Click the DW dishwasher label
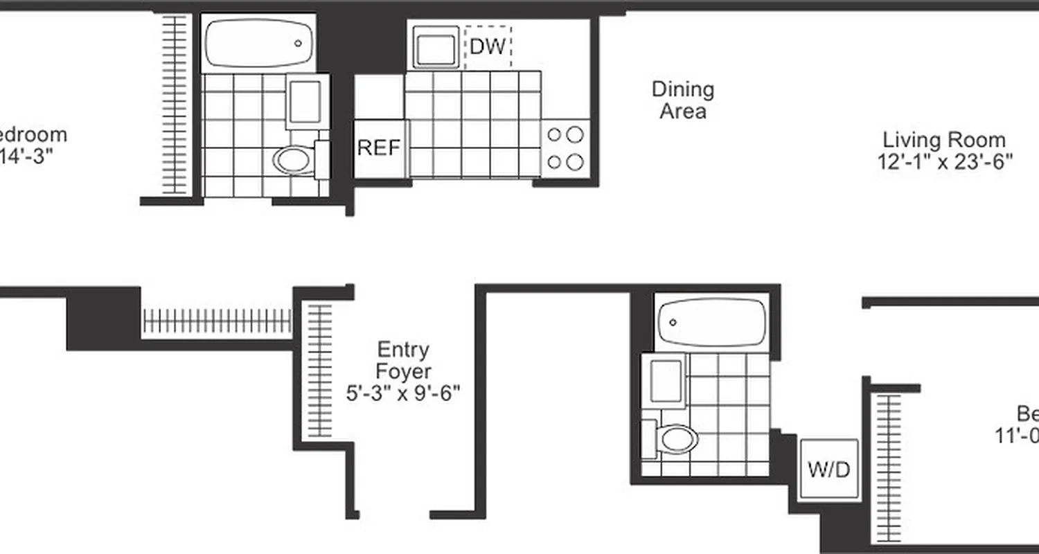coord(488,46)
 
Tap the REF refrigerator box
coord(379,148)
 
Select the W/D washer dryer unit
coord(828,470)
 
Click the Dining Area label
coord(683,100)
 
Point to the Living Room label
coord(943,140)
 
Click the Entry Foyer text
coord(404,360)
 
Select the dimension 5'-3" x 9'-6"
coord(404,393)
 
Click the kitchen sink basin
coord(436,47)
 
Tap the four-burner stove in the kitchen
coord(565,148)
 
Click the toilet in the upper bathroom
coord(294,159)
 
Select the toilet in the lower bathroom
coord(677,438)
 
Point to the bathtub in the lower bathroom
coord(711,323)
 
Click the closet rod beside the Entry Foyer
coord(319,370)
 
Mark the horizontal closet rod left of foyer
coord(217,321)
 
